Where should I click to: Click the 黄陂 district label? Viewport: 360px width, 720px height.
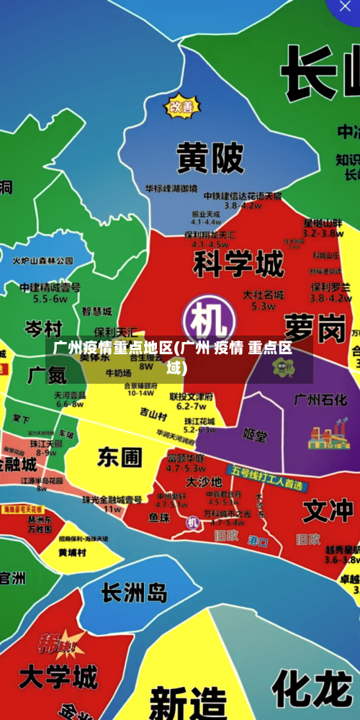point(210,157)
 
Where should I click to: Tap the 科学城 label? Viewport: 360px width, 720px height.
point(238,264)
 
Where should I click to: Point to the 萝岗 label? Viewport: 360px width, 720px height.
point(315,328)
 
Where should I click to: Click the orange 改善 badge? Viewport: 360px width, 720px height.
point(181,107)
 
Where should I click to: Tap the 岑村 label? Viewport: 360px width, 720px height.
point(43,329)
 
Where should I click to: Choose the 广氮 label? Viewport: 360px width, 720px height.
point(47,374)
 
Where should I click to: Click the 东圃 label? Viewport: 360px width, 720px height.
point(120,456)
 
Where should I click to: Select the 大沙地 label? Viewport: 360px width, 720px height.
point(204,481)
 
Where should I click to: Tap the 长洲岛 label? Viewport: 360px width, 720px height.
point(134,593)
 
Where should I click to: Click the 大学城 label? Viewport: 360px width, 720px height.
point(58,677)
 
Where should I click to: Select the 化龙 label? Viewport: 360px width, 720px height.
point(311,688)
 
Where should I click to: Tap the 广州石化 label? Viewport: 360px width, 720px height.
point(320,400)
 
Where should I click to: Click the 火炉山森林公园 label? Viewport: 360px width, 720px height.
point(43,261)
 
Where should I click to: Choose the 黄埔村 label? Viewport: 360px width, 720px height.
point(73,553)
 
